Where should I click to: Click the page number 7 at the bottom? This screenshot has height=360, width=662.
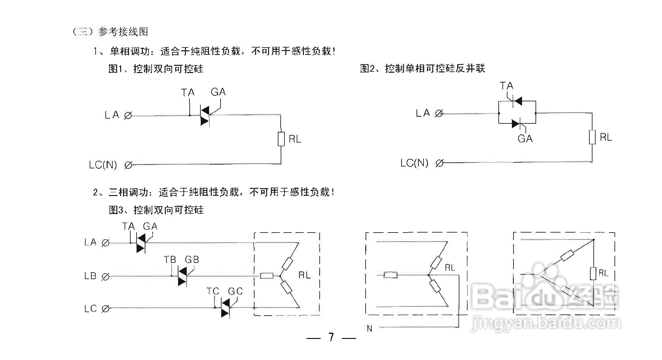click(x=331, y=337)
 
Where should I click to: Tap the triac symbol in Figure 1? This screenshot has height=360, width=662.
click(x=205, y=116)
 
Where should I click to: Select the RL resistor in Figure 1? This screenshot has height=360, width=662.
click(x=281, y=139)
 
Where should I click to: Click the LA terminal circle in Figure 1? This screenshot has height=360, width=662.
click(x=128, y=115)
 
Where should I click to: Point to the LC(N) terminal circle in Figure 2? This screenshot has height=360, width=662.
click(x=440, y=163)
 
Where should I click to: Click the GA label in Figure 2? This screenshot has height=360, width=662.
click(x=525, y=139)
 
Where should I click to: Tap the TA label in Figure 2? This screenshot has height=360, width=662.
click(x=506, y=86)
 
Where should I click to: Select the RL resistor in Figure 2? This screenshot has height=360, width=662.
click(x=592, y=137)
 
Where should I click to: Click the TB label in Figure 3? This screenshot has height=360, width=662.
click(x=170, y=260)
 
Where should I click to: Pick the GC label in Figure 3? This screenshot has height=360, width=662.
click(x=235, y=291)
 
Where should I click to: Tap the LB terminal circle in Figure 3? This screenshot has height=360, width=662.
click(x=106, y=277)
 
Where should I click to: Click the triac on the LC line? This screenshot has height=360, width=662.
click(x=225, y=308)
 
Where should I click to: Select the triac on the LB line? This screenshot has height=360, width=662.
click(x=182, y=277)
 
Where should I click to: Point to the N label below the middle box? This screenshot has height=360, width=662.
click(x=369, y=329)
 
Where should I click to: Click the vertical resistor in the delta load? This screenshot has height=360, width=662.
click(x=593, y=273)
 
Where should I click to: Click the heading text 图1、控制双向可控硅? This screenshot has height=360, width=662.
click(x=156, y=69)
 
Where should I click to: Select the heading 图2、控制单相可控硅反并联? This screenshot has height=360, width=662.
click(x=422, y=68)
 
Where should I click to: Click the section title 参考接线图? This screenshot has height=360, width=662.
click(x=123, y=32)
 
